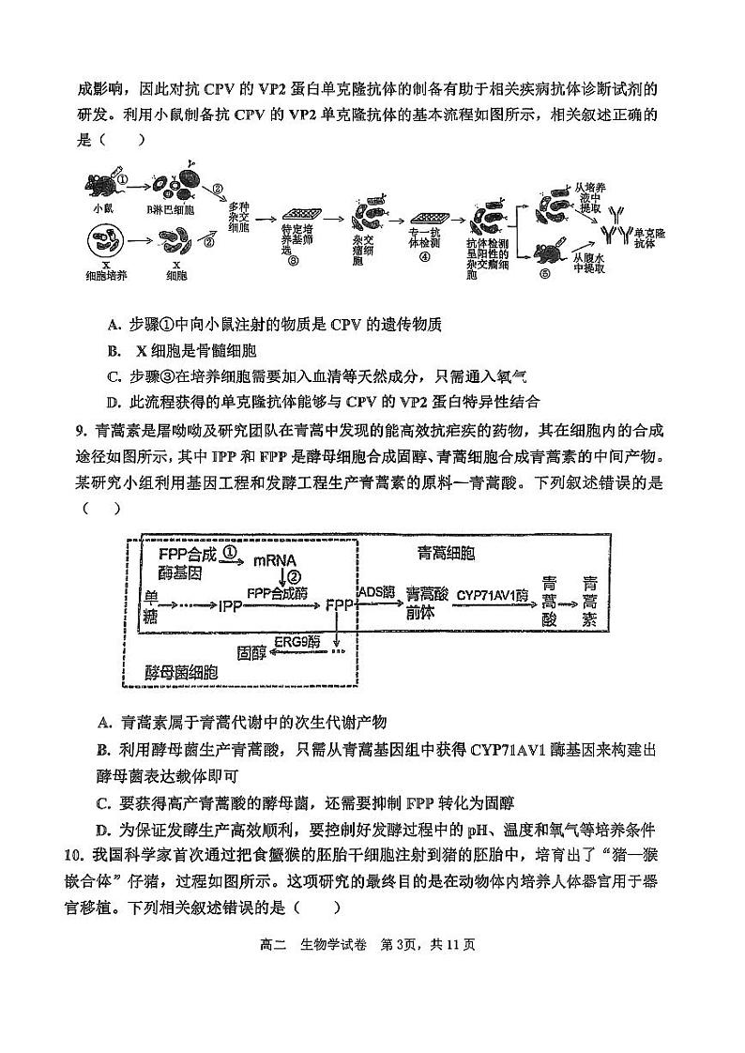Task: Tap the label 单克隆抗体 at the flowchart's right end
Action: tap(649, 237)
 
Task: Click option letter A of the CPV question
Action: tap(114, 325)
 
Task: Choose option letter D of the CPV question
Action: tap(114, 403)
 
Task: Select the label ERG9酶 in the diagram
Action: tap(297, 642)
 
